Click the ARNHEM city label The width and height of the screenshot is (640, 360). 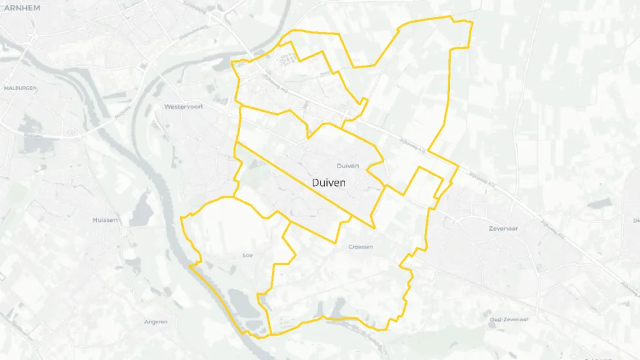[22, 7]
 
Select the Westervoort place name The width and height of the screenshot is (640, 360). [180, 107]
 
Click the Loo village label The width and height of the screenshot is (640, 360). [247, 255]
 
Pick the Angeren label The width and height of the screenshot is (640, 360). [156, 322]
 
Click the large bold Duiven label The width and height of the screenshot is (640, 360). [329, 182]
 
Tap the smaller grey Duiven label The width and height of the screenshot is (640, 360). [347, 166]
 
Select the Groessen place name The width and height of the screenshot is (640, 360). [361, 247]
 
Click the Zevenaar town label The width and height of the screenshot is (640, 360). [504, 229]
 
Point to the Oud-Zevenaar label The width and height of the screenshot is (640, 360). [509, 319]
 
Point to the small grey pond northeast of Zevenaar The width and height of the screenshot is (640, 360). [599, 203]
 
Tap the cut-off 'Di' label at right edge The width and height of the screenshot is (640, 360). [636, 221]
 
